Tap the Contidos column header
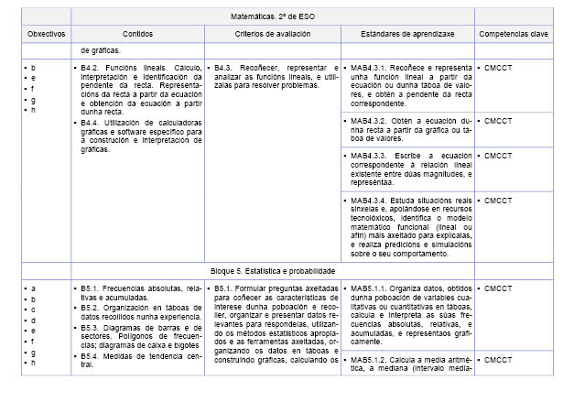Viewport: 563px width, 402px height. tap(137, 34)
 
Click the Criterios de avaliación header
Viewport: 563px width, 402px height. tap(271, 34)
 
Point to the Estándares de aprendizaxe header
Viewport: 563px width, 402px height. tap(406, 34)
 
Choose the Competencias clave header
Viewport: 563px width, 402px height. tap(514, 34)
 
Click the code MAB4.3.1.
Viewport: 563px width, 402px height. tap(369, 68)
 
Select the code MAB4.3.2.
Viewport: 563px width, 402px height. tap(369, 121)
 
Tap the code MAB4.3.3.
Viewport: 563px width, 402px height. tap(369, 156)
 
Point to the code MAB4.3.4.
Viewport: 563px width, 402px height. tap(369, 200)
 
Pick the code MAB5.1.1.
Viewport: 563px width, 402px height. tap(369, 288)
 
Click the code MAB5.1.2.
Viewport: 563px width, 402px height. tap(369, 359)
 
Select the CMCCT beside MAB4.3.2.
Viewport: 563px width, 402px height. tap(498, 121)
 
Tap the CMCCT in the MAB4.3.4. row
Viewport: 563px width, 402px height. tap(498, 200)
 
